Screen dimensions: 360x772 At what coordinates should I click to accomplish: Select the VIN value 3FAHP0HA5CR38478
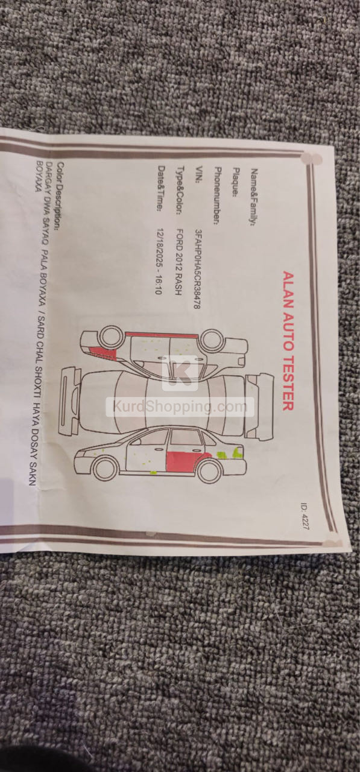197,269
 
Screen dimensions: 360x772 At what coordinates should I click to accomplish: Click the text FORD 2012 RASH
179,262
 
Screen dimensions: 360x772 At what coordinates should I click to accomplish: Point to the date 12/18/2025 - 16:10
159,261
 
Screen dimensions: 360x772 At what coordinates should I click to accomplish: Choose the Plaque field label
236,182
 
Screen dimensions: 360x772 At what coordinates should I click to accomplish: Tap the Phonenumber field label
217,196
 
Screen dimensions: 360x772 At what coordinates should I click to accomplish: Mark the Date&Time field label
161,189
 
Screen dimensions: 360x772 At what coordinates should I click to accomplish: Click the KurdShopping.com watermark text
180,407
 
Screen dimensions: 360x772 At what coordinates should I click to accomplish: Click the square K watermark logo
180,373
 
